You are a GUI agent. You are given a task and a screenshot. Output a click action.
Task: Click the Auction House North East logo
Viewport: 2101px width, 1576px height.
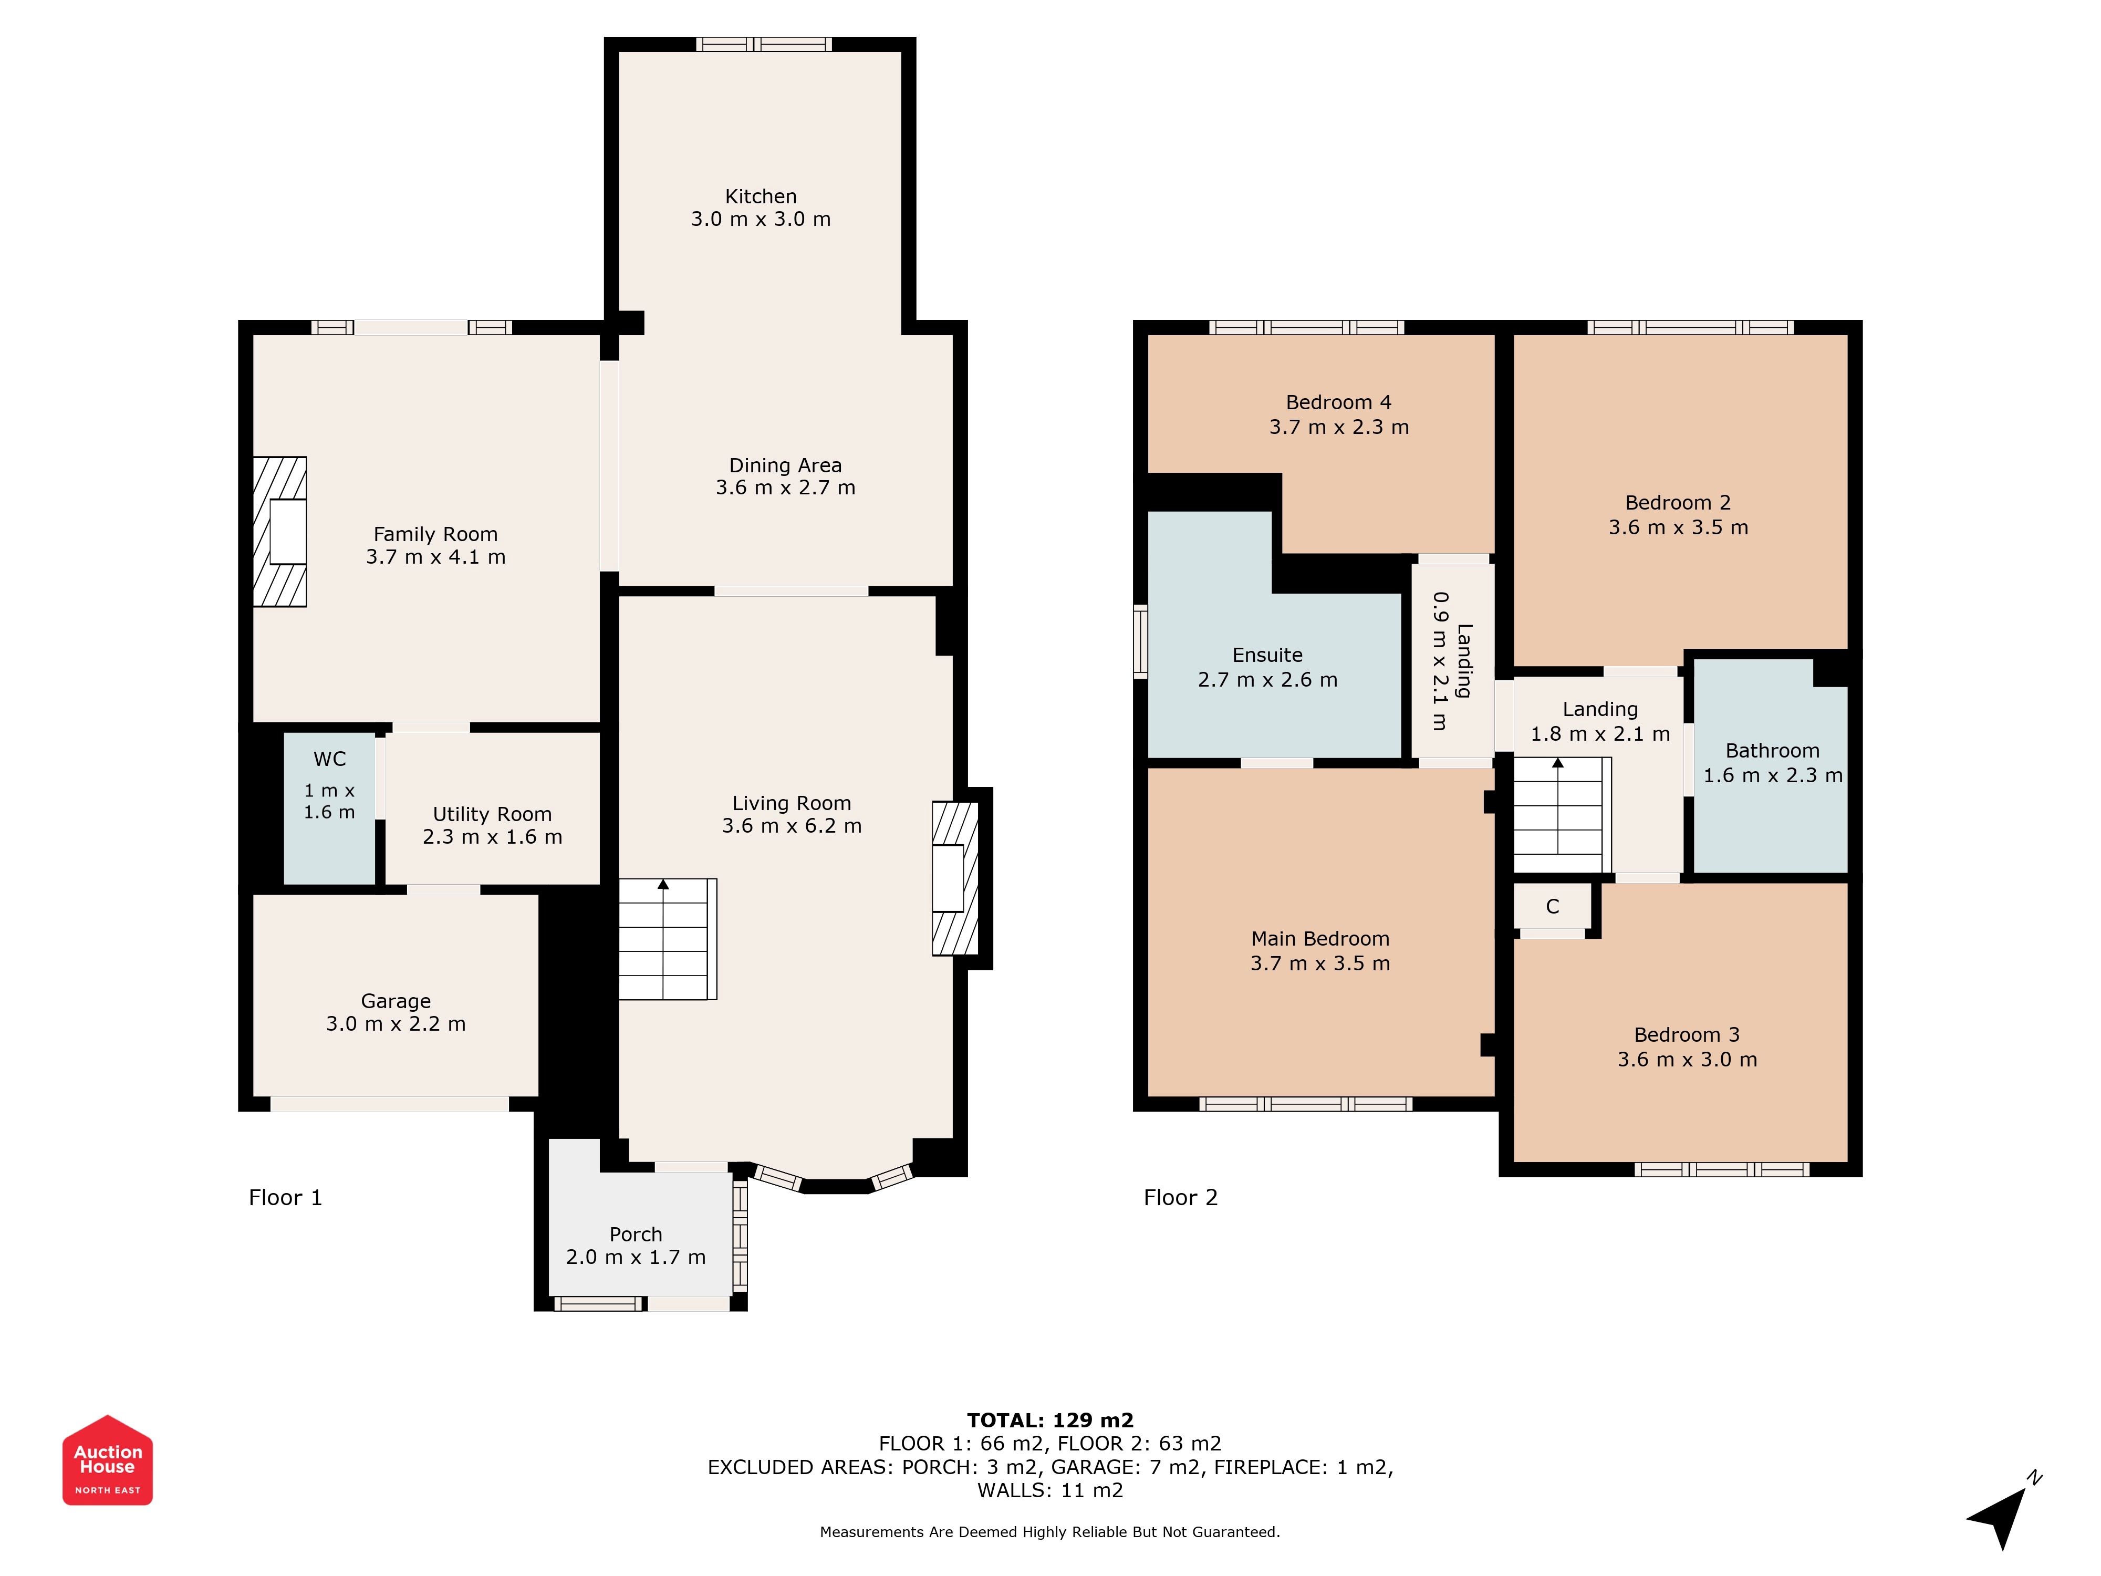[x=107, y=1460]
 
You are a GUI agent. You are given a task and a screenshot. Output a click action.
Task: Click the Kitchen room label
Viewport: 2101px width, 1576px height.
[x=761, y=196]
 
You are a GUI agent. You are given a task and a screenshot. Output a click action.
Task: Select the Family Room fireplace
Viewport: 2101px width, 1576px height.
[x=279, y=532]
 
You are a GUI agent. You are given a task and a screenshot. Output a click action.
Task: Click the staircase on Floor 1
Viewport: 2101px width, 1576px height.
[x=668, y=939]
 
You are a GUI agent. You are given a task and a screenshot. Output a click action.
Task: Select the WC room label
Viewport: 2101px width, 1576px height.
[x=329, y=759]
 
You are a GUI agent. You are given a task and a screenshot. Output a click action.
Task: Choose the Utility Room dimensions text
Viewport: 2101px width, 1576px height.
[x=492, y=837]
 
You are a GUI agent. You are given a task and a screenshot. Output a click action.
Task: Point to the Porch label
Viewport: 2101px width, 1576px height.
[x=636, y=1234]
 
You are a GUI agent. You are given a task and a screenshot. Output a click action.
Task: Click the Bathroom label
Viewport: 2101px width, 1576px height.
[x=1772, y=751]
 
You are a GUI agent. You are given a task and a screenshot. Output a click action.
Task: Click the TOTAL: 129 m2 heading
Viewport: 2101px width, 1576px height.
[x=1050, y=1420]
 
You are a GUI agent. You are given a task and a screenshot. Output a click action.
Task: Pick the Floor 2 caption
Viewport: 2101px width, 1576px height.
[x=1181, y=1197]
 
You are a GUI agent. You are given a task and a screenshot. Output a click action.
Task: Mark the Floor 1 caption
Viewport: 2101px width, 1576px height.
[x=285, y=1197]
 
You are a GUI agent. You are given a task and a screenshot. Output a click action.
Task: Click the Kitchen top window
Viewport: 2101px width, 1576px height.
[x=764, y=44]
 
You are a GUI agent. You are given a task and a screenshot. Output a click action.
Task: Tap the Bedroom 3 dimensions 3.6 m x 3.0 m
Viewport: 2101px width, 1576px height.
[x=1687, y=1059]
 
